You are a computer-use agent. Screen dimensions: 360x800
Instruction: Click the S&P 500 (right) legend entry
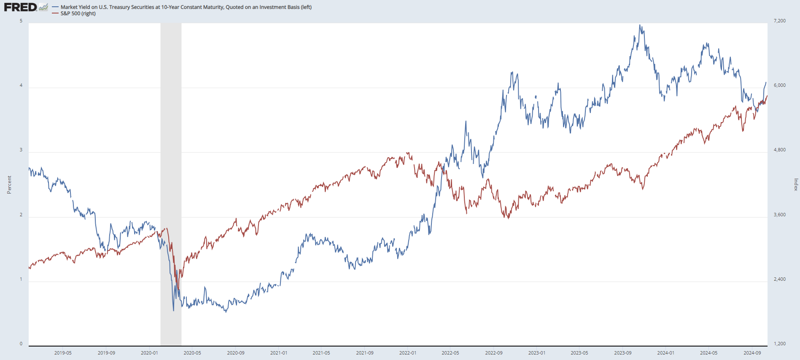point(78,13)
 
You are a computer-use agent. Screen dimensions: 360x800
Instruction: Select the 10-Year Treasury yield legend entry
point(186,7)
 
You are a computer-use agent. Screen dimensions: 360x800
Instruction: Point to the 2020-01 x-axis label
point(149,353)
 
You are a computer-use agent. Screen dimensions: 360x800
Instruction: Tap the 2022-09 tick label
point(494,353)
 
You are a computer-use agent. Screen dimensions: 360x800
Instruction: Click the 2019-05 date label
point(63,353)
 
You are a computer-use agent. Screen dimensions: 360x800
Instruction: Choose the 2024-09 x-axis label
point(752,353)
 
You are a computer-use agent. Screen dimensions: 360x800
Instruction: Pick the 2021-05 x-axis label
point(321,353)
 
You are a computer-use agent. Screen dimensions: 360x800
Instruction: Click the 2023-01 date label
point(537,353)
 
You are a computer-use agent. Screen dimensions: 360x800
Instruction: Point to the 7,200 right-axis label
point(779,21)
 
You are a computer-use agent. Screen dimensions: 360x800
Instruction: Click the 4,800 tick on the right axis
point(779,150)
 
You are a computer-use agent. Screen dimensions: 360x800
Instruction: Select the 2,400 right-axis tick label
point(779,279)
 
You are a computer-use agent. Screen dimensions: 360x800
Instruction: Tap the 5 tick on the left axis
point(21,21)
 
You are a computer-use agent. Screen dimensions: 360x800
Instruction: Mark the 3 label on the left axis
point(21,150)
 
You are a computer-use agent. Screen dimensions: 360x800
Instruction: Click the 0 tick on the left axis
point(21,344)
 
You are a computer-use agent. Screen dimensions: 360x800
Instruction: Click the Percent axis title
point(9,185)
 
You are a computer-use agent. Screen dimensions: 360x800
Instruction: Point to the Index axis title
point(796,185)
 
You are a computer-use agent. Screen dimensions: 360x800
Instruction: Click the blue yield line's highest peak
point(640,25)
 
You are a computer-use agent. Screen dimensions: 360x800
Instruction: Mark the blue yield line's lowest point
point(173,311)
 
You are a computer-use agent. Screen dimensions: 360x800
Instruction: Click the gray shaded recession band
point(171,126)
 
